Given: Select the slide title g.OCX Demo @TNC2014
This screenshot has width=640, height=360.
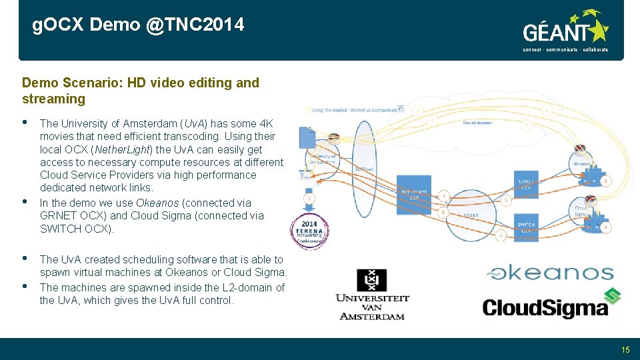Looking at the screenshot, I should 139,25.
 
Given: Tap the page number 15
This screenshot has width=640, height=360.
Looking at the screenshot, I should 625,349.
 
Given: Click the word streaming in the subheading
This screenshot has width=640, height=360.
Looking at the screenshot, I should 53,99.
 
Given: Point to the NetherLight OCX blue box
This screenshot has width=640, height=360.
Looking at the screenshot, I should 414,195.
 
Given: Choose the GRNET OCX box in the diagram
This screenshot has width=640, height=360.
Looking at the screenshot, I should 526,184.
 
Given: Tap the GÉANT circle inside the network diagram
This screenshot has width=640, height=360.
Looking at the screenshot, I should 471,215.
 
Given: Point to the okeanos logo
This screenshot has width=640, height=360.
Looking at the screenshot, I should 550,273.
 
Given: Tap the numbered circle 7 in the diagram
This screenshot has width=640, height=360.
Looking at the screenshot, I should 309,199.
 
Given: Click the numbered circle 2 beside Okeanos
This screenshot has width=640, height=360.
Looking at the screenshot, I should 605,181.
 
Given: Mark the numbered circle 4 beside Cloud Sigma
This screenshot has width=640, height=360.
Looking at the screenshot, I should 605,227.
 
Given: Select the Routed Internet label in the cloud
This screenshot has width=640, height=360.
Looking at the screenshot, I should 478,123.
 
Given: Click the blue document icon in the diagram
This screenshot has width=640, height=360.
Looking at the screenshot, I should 308,139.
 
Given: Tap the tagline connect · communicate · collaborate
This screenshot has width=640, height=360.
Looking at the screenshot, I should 565,49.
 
